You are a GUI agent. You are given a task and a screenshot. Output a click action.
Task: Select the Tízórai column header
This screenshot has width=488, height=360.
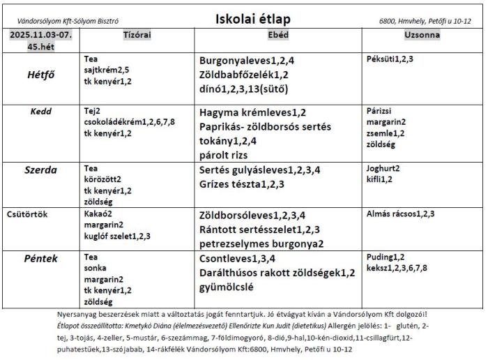click(137, 33)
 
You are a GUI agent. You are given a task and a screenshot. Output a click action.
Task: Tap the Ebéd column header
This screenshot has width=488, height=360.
click(279, 33)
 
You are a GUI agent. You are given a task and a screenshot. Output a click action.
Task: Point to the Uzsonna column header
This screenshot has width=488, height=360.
click(422, 33)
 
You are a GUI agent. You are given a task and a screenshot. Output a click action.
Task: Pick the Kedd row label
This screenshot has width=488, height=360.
click(42, 111)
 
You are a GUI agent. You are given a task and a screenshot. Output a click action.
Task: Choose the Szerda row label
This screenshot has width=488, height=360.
click(42, 169)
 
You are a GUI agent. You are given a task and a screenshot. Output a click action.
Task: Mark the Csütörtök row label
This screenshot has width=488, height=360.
click(28, 213)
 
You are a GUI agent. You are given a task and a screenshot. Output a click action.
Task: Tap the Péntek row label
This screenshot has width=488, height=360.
click(42, 259)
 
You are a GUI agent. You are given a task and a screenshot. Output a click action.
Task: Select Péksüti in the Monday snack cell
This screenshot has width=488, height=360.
click(381, 59)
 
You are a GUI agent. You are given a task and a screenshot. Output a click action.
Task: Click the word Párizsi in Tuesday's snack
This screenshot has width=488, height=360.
click(380, 111)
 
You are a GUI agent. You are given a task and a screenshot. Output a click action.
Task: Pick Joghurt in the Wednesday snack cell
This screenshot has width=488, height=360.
click(381, 168)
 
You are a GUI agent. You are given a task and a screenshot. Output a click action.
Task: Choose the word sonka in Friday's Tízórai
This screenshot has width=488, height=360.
click(94, 269)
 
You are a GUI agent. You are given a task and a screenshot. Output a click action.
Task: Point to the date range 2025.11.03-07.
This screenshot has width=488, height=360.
click(41, 34)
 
